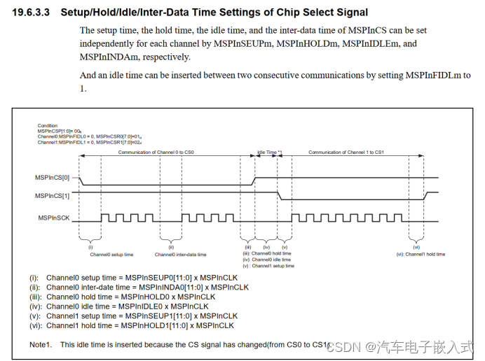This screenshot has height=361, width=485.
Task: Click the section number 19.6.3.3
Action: [33, 13]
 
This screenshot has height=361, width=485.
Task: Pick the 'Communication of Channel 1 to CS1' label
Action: [346, 153]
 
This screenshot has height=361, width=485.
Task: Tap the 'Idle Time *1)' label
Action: [269, 153]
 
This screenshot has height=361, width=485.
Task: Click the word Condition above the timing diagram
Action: [48, 126]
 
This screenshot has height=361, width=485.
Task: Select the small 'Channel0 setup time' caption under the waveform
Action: [111, 255]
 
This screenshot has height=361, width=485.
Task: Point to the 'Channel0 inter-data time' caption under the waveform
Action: [180, 255]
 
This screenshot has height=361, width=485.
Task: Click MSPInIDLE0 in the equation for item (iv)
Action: [145, 306]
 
